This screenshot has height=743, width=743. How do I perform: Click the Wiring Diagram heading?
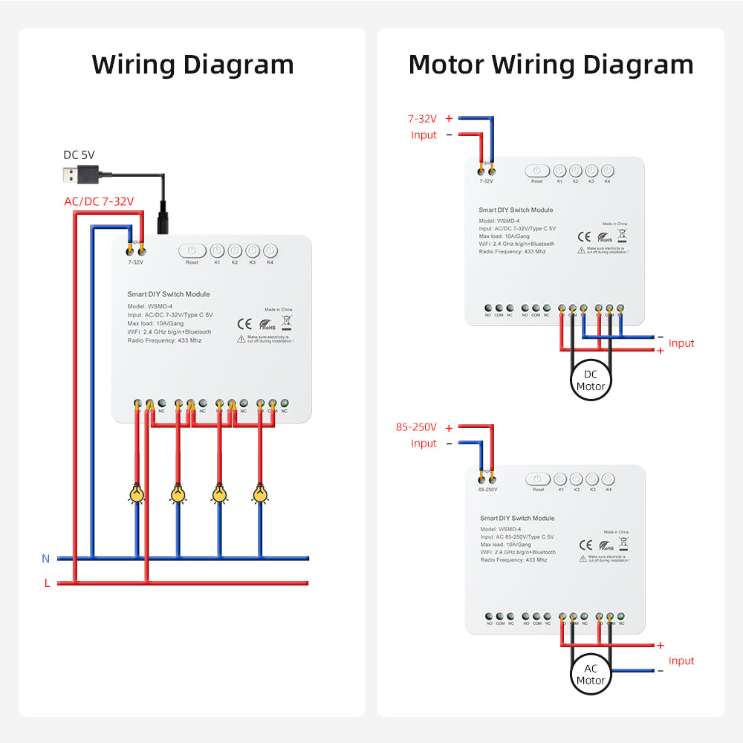192,65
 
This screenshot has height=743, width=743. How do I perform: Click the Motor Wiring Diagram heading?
551,65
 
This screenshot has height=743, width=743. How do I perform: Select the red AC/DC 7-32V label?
99,201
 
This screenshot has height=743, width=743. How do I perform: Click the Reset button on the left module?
192,251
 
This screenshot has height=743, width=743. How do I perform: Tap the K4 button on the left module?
270,251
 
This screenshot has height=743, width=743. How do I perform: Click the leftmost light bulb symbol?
137,493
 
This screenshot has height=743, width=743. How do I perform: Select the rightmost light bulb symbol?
259,493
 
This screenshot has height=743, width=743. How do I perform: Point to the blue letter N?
46,558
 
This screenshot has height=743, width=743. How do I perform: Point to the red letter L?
47,583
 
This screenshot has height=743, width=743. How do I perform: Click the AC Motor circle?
591,675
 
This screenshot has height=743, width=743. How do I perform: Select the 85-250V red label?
416,428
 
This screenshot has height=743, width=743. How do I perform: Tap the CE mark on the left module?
244,323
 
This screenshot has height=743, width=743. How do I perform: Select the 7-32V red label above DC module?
421,118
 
